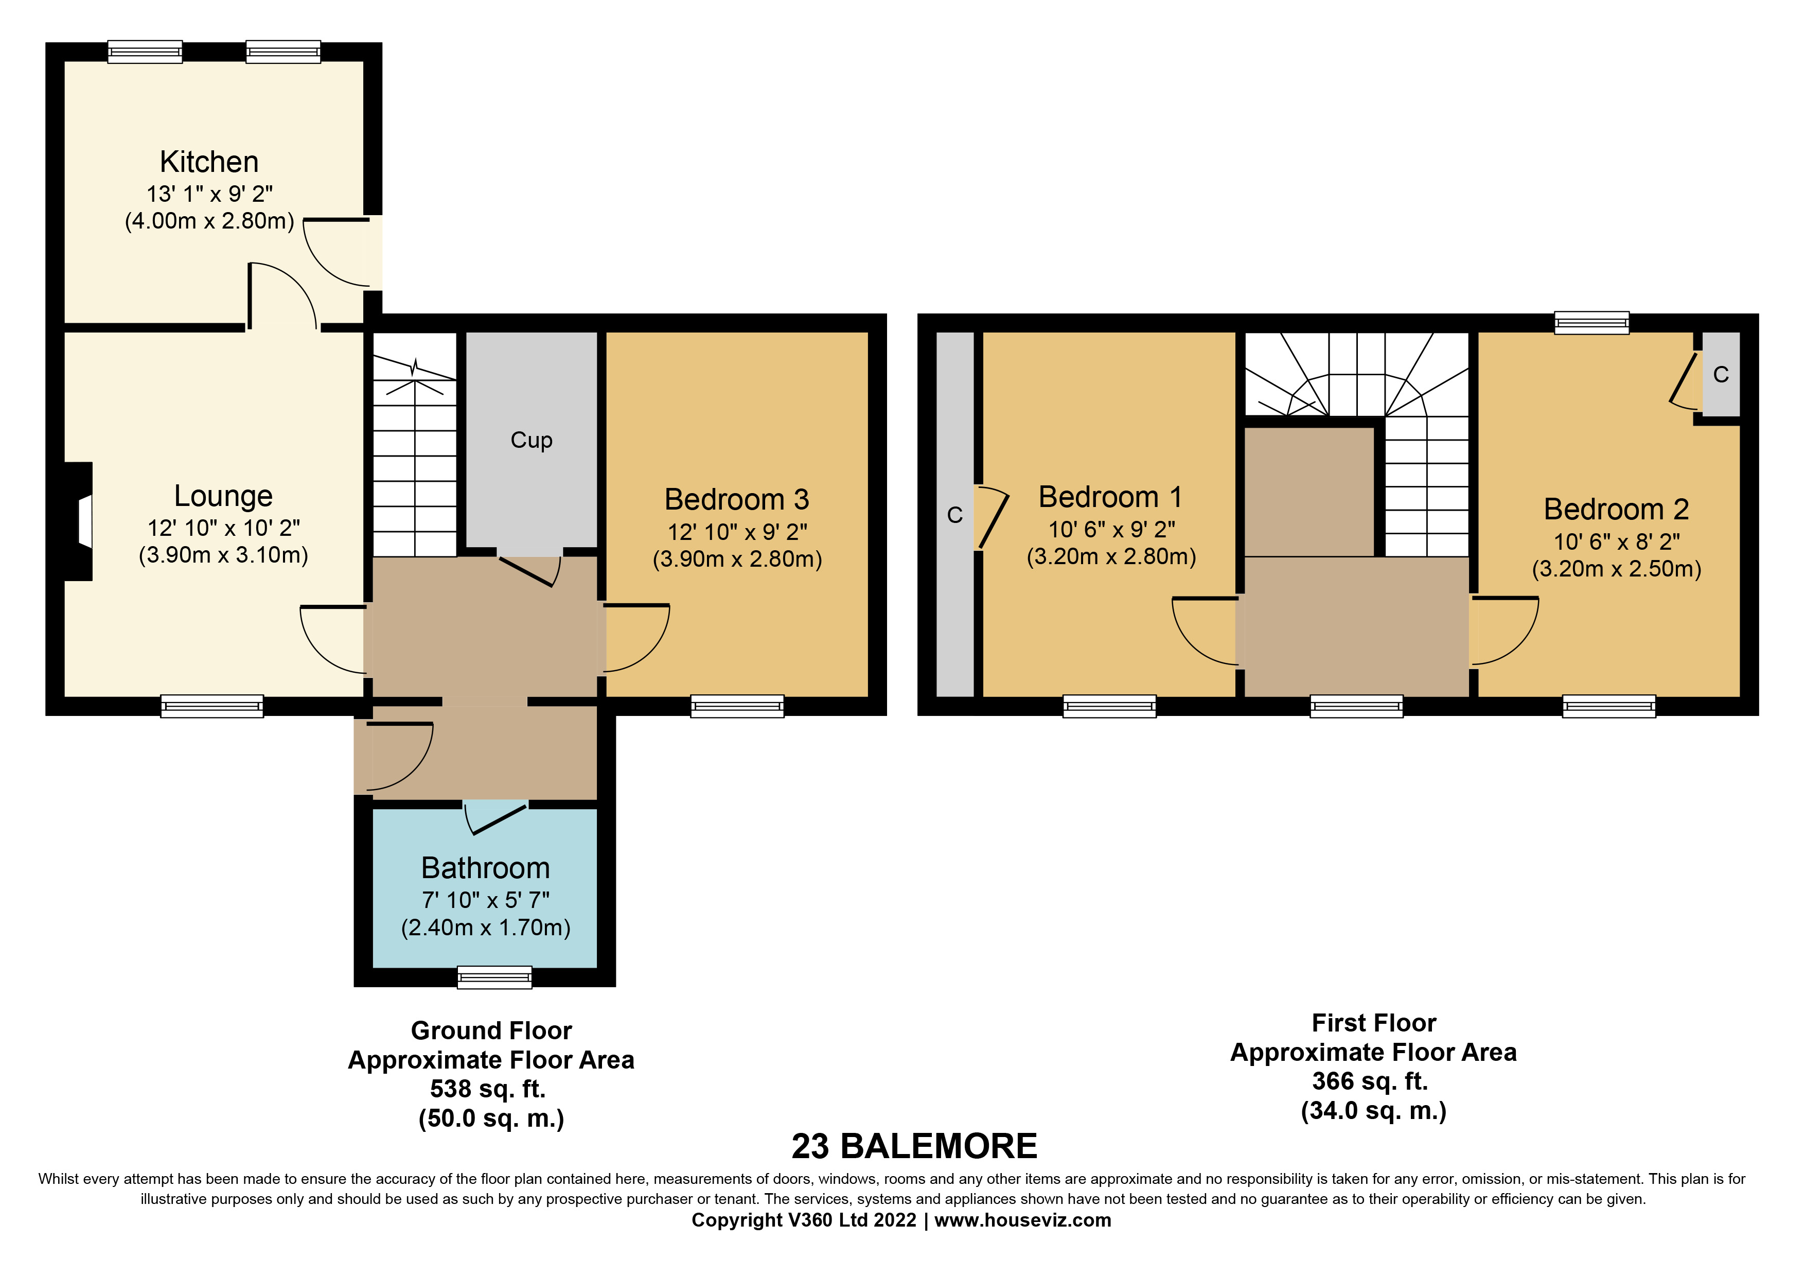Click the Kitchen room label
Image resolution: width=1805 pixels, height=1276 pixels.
209,162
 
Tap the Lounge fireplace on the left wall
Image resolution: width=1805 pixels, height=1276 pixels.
79,521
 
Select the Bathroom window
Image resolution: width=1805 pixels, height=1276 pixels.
494,977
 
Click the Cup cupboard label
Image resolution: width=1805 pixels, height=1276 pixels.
532,440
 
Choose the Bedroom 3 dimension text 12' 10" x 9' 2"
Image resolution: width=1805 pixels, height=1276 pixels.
737,532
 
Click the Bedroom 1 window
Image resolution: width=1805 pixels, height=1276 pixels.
1109,706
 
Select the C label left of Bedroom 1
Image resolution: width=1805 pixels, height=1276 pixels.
955,515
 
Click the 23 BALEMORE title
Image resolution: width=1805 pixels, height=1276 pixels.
914,1146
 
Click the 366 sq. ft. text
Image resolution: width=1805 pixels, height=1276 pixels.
1370,1081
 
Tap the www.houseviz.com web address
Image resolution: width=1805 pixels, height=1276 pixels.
1023,1220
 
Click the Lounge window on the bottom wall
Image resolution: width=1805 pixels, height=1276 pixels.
213,706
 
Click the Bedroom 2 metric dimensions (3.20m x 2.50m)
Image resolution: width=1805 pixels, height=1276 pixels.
1617,568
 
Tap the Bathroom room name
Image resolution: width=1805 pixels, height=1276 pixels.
486,868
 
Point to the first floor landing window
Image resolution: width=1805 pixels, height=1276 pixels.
1357,706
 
